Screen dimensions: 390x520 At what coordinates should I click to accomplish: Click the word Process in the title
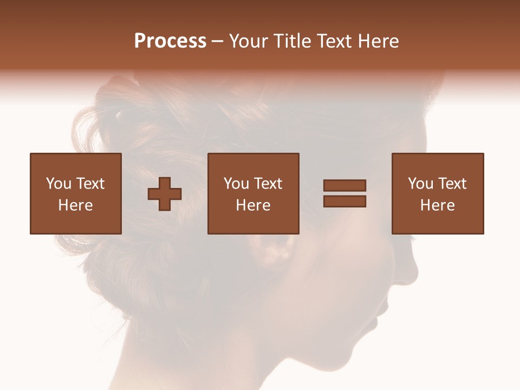point(170,41)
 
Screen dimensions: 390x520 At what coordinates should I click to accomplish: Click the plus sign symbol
point(165,193)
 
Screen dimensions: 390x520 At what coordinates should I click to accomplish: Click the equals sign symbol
point(344,193)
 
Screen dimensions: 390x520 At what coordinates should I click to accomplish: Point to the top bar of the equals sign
point(344,186)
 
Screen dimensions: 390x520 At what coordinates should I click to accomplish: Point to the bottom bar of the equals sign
point(344,201)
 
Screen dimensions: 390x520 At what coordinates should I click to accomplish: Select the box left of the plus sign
point(75,193)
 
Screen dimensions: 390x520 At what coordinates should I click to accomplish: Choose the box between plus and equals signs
point(253,193)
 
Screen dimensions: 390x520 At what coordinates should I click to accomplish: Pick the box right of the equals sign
point(437,193)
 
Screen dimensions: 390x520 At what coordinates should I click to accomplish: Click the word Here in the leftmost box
point(75,205)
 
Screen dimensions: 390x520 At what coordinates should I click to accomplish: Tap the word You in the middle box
point(236,184)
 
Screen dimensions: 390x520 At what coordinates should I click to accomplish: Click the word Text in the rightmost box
point(452,184)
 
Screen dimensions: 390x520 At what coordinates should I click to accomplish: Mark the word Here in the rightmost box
point(437,205)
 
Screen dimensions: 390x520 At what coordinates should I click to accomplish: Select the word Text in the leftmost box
point(90,184)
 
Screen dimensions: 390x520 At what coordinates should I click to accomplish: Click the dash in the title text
point(218,41)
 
